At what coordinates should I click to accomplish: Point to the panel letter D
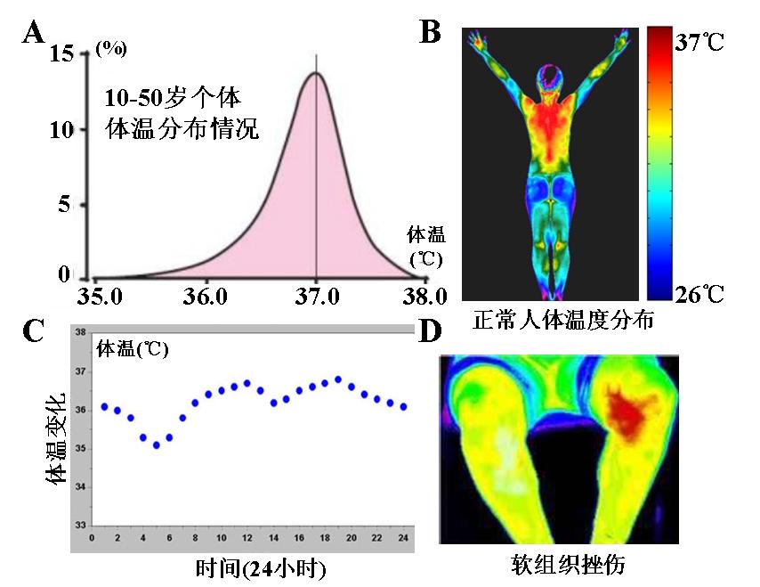click(x=431, y=330)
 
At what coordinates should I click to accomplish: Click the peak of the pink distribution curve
click(x=316, y=73)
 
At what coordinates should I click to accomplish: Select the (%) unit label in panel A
click(x=110, y=49)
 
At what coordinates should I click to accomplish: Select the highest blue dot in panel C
click(x=338, y=379)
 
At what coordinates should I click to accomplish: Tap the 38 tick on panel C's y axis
click(x=80, y=332)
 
